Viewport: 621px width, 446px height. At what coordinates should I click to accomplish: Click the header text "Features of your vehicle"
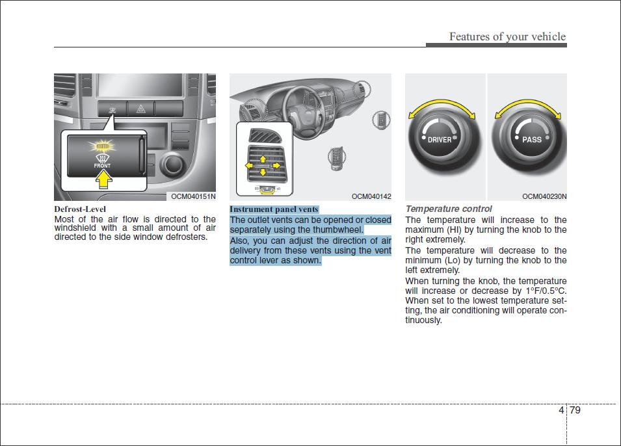click(x=507, y=36)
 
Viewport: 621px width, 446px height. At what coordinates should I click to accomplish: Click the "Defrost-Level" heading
click(x=80, y=209)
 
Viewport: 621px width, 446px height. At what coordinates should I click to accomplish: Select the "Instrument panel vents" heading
click(x=274, y=209)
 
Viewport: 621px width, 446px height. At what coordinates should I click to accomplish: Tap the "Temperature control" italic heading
click(x=449, y=209)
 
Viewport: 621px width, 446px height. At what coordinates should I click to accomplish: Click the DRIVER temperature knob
click(x=440, y=140)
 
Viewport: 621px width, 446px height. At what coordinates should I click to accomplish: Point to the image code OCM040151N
click(x=193, y=196)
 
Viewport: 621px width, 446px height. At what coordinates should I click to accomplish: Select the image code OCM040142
click(x=371, y=196)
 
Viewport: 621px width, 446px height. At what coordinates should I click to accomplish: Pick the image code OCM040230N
click(x=544, y=196)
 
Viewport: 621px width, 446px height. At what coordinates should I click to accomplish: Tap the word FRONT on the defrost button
click(x=102, y=166)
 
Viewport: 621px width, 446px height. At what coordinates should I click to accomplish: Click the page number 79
click(x=575, y=410)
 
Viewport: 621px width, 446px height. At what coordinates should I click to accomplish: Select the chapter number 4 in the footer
click(x=561, y=410)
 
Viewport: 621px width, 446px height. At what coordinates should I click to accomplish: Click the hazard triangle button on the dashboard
click(x=140, y=109)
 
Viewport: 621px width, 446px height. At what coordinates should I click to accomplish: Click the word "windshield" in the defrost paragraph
click(x=75, y=228)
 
